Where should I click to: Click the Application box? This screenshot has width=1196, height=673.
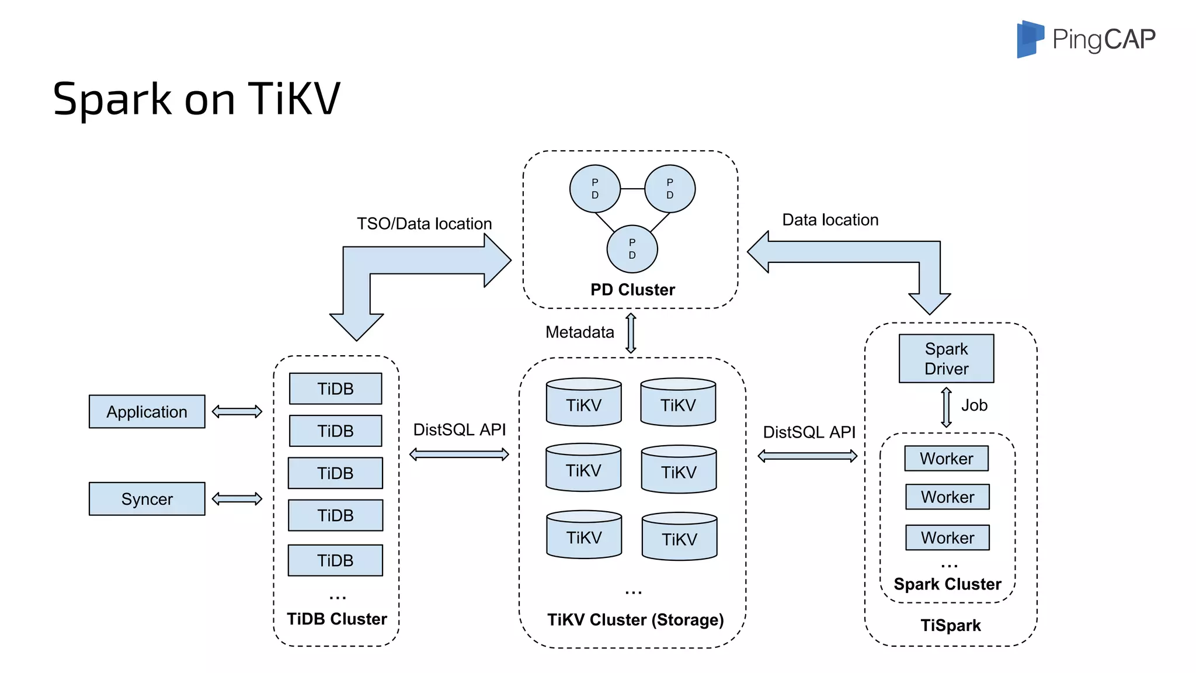[147, 411]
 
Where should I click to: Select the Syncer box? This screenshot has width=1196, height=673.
[147, 498]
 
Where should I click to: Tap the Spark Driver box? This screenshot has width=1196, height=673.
[946, 358]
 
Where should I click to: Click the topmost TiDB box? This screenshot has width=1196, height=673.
[335, 388]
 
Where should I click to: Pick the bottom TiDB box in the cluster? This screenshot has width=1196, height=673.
[335, 560]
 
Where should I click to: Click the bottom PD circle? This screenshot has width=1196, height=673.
[632, 249]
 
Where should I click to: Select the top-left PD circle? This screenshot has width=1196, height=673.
[594, 189]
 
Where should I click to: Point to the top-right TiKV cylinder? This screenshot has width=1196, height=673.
[678, 403]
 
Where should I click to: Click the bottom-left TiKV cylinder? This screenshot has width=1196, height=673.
[583, 535]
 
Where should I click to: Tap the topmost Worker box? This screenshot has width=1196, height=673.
[946, 458]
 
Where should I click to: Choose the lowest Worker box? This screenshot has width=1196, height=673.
[947, 537]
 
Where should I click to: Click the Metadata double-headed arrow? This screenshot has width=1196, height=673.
[631, 333]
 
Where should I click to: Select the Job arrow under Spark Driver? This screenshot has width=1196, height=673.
[946, 407]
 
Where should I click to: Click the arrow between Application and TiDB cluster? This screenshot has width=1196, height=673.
[237, 411]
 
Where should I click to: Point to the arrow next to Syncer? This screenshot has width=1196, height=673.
[237, 498]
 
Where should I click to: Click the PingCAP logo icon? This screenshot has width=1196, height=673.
[1030, 39]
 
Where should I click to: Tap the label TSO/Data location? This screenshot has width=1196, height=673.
[424, 224]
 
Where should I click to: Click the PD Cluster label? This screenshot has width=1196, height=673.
[632, 290]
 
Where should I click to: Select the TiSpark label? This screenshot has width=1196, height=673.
[950, 625]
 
